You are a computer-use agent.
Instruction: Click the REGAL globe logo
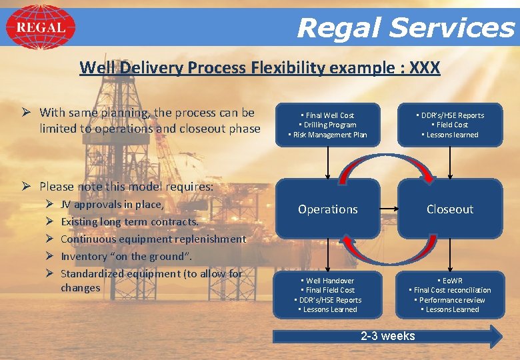click(x=40, y=27)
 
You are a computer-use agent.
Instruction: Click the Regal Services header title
click(x=405, y=28)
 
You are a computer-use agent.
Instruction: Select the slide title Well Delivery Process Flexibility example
click(x=259, y=67)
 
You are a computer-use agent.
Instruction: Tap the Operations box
click(x=327, y=209)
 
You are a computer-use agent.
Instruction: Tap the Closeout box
click(x=450, y=209)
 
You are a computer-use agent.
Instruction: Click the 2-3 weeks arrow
click(x=387, y=336)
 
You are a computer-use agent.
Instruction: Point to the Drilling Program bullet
click(x=327, y=125)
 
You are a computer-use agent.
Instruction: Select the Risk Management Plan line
click(x=327, y=135)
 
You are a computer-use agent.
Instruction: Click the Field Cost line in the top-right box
click(x=450, y=125)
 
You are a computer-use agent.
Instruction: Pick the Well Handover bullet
click(x=327, y=281)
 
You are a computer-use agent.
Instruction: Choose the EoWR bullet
click(x=450, y=281)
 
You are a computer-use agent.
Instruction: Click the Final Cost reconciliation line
click(x=450, y=290)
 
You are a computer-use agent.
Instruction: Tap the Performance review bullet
click(x=450, y=300)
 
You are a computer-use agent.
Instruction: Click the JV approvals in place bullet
click(x=111, y=204)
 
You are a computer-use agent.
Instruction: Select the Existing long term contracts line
click(x=129, y=221)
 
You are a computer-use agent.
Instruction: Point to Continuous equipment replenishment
click(x=153, y=239)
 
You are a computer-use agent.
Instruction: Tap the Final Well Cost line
click(x=327, y=115)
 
